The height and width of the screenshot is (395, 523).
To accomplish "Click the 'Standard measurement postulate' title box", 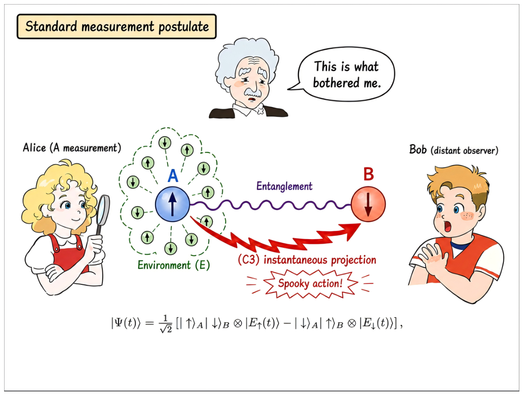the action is pyautogui.click(x=116, y=27).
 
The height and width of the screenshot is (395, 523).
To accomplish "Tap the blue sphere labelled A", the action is pyautogui.click(x=173, y=204).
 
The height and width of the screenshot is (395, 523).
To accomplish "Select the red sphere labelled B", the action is pyautogui.click(x=368, y=204).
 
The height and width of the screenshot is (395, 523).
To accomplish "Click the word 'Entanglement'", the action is pyautogui.click(x=285, y=186).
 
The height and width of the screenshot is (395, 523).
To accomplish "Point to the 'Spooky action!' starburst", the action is pyautogui.click(x=310, y=283).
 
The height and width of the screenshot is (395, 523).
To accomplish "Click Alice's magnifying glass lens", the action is pyautogui.click(x=103, y=210).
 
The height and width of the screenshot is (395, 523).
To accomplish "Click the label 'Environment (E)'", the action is pyautogui.click(x=174, y=265).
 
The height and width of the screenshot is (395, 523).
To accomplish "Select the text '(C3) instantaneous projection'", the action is pyautogui.click(x=307, y=260).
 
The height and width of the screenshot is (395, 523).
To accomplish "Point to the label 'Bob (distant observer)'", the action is pyautogui.click(x=454, y=149).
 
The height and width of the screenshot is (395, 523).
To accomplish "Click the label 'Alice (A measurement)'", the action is pyautogui.click(x=72, y=148).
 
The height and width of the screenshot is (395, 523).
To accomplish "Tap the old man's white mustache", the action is pyautogui.click(x=252, y=91).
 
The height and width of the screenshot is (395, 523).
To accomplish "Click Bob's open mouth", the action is pyautogui.click(x=447, y=227).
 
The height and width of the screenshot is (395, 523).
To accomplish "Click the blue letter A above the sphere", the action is pyautogui.click(x=173, y=176).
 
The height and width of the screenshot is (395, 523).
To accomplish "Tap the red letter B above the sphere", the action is pyautogui.click(x=369, y=174).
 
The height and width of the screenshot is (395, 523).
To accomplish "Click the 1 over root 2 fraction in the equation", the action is pyautogui.click(x=166, y=324).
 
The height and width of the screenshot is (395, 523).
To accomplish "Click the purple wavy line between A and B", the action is pyautogui.click(x=270, y=205).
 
